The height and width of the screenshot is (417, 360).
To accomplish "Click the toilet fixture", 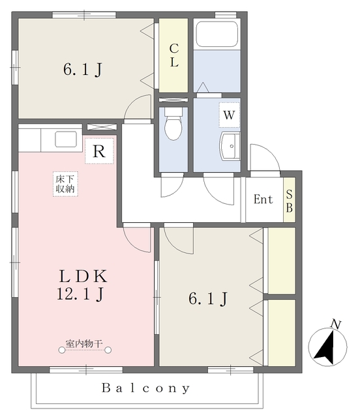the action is (x=173, y=123).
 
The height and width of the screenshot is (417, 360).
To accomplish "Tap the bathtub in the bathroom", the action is (x=217, y=34).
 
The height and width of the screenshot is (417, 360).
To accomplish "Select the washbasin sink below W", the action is (x=230, y=146).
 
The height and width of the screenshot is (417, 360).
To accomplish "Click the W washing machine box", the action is (x=230, y=115).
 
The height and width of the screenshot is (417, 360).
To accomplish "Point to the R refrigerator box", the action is (x=99, y=151).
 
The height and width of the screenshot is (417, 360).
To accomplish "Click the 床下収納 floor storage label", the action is (x=65, y=184).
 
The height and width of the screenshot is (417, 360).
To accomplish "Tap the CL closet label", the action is (x=174, y=55).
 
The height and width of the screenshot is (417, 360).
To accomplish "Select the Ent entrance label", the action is (x=263, y=199).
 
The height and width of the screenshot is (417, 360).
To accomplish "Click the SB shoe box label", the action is (x=289, y=201).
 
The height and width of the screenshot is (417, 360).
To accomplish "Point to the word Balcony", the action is (x=145, y=388).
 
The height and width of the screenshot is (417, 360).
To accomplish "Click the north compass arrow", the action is (x=325, y=347).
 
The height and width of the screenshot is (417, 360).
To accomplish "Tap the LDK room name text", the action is (x=83, y=276).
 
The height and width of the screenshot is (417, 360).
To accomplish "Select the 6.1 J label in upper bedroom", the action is (x=83, y=70).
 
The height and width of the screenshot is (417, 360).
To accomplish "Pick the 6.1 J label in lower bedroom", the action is (x=208, y=298).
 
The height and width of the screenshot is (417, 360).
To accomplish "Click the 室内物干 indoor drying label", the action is (x=84, y=344).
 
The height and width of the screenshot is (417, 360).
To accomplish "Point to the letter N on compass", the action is (x=336, y=324).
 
